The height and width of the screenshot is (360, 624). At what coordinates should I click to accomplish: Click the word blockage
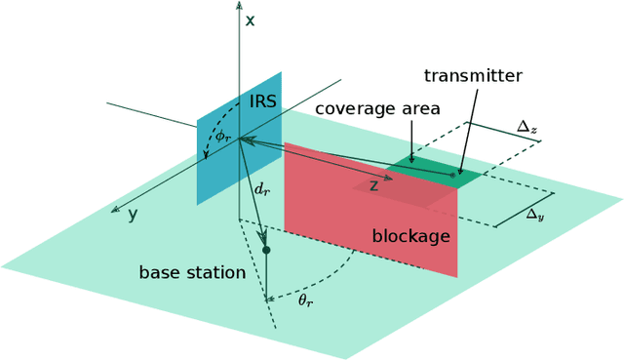(x=410, y=236)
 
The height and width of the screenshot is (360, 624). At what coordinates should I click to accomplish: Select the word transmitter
(x=473, y=75)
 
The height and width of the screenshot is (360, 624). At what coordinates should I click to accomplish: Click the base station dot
(x=265, y=251)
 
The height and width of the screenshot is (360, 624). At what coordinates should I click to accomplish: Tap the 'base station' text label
(x=192, y=272)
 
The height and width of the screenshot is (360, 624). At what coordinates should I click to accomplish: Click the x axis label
(x=251, y=19)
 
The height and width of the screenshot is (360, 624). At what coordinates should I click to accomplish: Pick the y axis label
(x=133, y=214)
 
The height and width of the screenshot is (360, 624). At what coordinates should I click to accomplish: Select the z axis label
(x=372, y=185)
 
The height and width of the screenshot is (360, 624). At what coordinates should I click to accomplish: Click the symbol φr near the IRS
(x=223, y=135)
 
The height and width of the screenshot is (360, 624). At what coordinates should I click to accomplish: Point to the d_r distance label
(x=261, y=189)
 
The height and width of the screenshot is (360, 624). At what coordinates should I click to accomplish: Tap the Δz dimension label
(x=526, y=127)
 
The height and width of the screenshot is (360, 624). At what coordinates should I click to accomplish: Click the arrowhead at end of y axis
(x=116, y=209)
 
